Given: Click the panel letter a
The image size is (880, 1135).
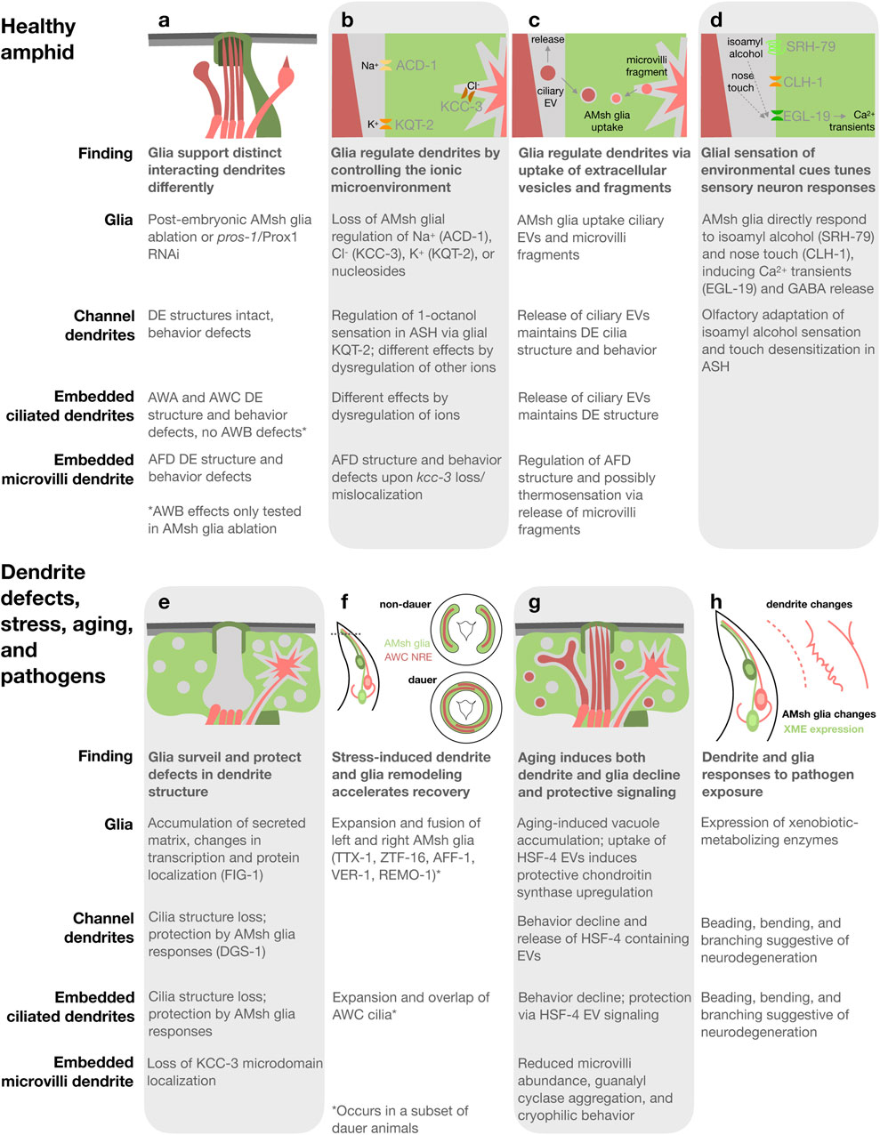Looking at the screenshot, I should [163, 20].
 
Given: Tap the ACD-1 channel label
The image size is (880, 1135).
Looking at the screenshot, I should [416, 66].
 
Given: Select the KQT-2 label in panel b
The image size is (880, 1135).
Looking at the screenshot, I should [414, 125].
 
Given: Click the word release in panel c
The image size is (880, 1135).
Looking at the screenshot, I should [548, 40].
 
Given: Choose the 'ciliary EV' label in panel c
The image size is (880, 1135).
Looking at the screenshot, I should [550, 96].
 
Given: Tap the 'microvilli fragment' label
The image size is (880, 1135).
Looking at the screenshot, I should [646, 66].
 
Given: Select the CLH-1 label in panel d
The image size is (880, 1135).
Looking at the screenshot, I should [803, 82].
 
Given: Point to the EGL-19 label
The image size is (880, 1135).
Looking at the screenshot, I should [808, 116].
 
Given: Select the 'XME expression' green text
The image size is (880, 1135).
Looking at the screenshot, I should [823, 728].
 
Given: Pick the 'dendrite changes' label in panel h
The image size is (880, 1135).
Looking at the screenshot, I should [809, 604].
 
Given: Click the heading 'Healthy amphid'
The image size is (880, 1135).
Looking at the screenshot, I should [38, 39].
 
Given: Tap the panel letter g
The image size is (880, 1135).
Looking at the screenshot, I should [534, 603].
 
